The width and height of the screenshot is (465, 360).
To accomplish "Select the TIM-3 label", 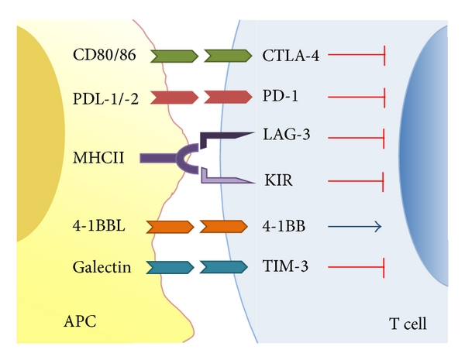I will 284,268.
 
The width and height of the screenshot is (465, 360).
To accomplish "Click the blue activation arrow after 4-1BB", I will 354,227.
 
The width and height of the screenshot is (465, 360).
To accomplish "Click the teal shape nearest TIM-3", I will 226,268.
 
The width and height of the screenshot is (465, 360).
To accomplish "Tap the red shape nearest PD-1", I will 227,98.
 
